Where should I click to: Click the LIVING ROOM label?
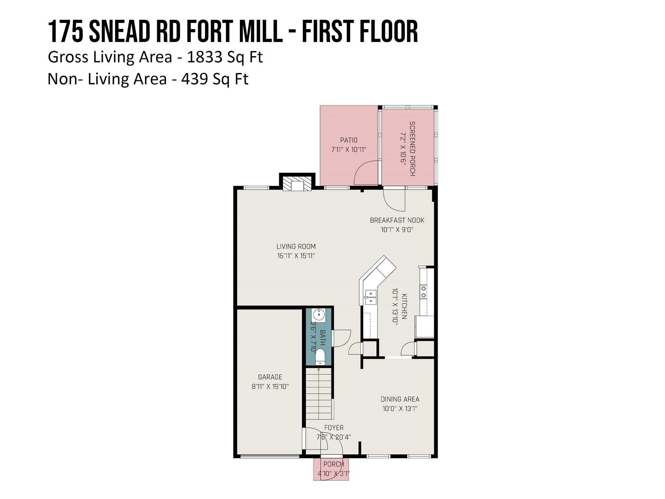click(x=296, y=247)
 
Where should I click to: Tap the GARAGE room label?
click(x=270, y=377)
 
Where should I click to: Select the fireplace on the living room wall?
click(x=297, y=186)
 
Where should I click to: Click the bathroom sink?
click(x=319, y=315)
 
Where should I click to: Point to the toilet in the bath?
click(x=320, y=356)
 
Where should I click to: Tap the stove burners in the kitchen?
click(x=423, y=292)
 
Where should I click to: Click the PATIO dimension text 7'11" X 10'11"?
click(x=348, y=150)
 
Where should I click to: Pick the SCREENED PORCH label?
click(x=412, y=148)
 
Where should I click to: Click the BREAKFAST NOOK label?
click(x=397, y=220)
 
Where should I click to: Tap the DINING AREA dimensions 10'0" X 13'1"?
click(x=400, y=408)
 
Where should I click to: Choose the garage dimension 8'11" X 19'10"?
click(x=270, y=387)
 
